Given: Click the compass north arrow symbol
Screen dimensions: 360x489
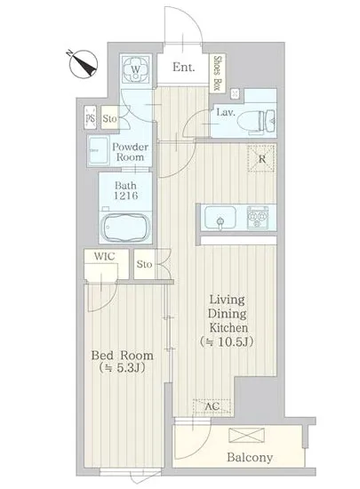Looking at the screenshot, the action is (x=84, y=64).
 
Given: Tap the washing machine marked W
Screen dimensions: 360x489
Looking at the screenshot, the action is (x=136, y=69).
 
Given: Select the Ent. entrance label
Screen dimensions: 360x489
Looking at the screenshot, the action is (x=184, y=67).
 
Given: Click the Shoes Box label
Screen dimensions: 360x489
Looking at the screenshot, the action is (x=217, y=74).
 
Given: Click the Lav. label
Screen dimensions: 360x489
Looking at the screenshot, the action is (x=226, y=112).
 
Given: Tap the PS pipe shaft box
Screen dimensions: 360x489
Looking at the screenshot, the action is (x=91, y=117).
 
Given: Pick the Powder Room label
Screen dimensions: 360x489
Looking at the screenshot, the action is (x=131, y=152).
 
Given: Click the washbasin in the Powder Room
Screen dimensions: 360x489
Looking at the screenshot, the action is (x=98, y=150).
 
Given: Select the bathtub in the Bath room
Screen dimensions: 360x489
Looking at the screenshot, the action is (x=126, y=227).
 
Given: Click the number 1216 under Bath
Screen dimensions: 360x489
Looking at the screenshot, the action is (x=125, y=196).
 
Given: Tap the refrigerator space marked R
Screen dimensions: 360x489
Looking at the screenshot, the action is (x=261, y=158).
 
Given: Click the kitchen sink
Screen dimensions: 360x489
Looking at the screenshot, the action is (x=220, y=218).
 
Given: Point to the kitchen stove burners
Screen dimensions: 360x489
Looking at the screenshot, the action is (x=258, y=217).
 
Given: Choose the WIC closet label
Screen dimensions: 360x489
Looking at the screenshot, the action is (x=105, y=256).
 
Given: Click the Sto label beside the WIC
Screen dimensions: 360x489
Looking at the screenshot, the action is (x=144, y=264).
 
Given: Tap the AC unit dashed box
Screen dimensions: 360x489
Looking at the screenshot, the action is (x=212, y=406).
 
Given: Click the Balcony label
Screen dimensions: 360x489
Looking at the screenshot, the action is (x=250, y=457).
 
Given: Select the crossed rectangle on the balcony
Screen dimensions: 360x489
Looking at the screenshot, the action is (x=246, y=436).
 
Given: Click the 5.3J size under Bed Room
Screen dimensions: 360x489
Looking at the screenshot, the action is (x=122, y=368).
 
